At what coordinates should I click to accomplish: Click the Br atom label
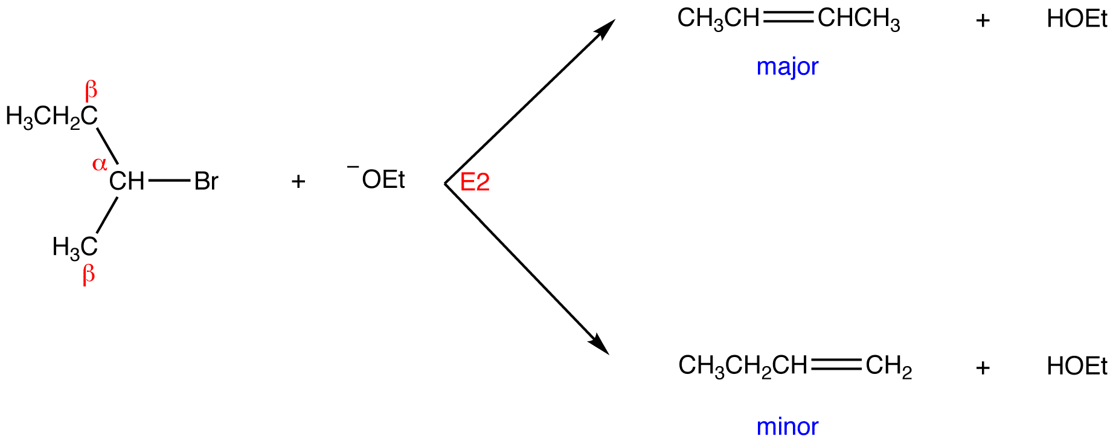coord(206,181)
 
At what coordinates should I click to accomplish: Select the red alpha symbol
coord(100,164)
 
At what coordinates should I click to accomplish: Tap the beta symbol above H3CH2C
coord(91,91)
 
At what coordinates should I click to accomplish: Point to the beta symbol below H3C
coord(89,275)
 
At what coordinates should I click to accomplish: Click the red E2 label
coord(475,182)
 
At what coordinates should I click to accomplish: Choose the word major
coord(787,66)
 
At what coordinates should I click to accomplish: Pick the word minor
coord(787,426)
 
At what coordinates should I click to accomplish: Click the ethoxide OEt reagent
coord(383,179)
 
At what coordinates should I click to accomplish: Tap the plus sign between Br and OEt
coord(298,181)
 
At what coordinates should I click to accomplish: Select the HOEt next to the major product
coord(1077,19)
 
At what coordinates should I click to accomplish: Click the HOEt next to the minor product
coord(1077,366)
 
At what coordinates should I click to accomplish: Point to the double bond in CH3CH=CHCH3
coord(788,19)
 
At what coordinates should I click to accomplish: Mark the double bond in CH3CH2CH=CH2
coord(836,364)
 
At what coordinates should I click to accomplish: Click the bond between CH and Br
coord(169,181)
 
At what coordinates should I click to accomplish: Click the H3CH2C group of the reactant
coord(51,116)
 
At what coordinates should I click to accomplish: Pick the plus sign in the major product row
coord(983,21)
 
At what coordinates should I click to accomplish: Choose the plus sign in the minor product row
coord(983,367)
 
